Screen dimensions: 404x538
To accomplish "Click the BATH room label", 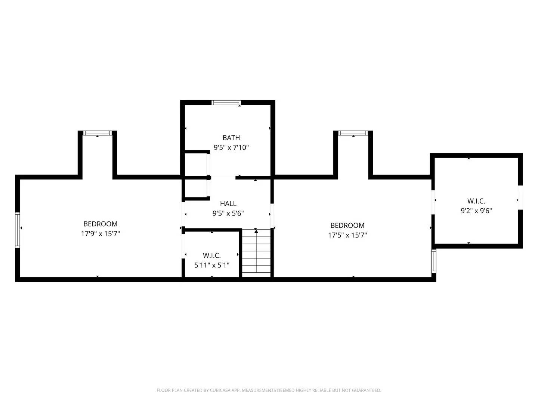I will point(231,138).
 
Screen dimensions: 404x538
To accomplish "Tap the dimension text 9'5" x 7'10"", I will point(231,147).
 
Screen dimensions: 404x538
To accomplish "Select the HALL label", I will point(228,203).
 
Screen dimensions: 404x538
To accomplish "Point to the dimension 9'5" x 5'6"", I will point(228,214).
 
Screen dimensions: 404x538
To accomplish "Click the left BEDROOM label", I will point(100,224).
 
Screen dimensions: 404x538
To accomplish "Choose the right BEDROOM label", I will point(347,225).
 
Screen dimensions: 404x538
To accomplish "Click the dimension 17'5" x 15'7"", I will point(347,235).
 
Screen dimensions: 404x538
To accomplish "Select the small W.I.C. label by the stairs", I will point(211,255).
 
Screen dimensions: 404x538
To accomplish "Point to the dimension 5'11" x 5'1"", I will point(211,265).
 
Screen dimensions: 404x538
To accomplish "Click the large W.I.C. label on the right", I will point(476,201).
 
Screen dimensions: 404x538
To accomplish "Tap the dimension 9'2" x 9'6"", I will point(476,211).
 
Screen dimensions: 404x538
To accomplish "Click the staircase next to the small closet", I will point(256,254).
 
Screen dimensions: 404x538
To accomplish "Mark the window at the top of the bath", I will point(226,102).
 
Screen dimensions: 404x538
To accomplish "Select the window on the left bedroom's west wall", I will point(17,230).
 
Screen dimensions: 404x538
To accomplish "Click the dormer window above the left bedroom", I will point(97,133).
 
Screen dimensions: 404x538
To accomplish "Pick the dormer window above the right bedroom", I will point(353,133).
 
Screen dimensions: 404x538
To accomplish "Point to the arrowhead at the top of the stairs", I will point(256,232).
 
